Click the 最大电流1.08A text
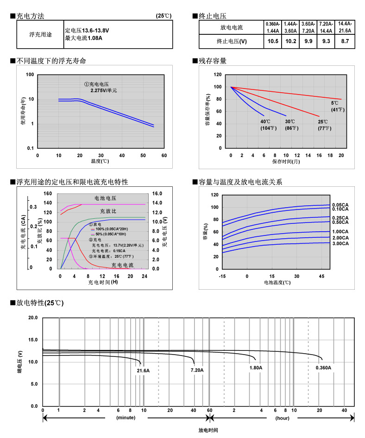(x=84, y=38)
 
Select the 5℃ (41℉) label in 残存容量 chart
(x=335, y=106)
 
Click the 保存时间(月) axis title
(x=286, y=161)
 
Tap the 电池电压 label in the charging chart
(x=105, y=198)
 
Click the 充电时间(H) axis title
(x=103, y=282)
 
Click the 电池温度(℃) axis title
(x=277, y=282)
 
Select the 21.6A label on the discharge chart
(x=143, y=371)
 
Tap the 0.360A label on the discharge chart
(x=323, y=368)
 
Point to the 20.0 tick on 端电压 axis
(x=32, y=318)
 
